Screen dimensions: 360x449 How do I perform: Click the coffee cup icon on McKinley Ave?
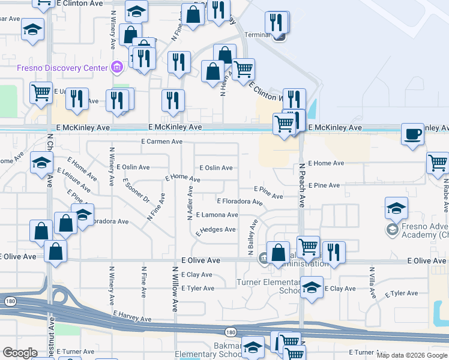coord(412,134)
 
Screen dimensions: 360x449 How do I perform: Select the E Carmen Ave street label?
coord(161,142)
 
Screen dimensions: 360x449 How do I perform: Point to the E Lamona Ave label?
coord(217,215)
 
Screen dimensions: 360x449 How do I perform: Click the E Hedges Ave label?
coord(215,230)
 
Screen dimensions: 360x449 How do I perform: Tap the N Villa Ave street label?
coord(372,283)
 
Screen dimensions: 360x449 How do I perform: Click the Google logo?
coord(20,353)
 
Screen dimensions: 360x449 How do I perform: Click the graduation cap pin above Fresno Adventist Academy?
coord(396,208)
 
